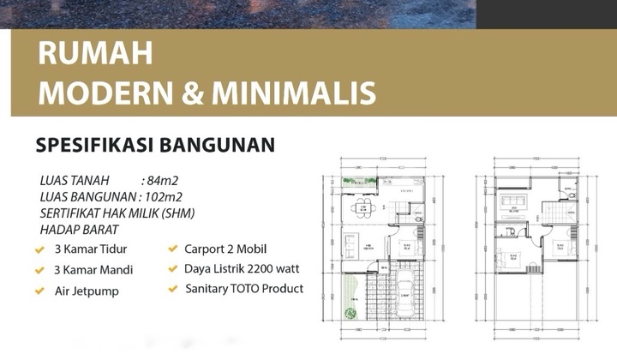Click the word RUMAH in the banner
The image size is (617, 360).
tap(95, 53)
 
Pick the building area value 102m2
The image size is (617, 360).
tap(166, 197)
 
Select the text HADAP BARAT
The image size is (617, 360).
tap(79, 230)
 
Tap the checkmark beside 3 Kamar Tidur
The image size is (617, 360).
tap(39, 250)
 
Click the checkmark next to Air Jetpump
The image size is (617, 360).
tap(39, 291)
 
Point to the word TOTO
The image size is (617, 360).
tap(251, 289)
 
